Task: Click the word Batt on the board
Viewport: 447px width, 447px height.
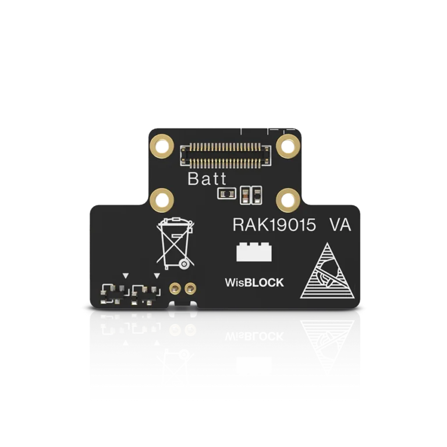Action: pyautogui.click(x=207, y=179)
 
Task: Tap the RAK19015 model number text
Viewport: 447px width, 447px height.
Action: pyautogui.click(x=274, y=225)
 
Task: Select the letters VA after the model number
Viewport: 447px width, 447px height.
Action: pyautogui.click(x=340, y=225)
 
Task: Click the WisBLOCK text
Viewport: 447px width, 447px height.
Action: pyautogui.click(x=254, y=282)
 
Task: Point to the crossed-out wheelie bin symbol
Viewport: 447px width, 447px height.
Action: pyautogui.click(x=175, y=243)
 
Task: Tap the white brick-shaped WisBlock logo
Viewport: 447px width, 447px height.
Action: pyautogui.click(x=254, y=251)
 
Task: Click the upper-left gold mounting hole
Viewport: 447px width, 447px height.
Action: pyautogui.click(x=162, y=146)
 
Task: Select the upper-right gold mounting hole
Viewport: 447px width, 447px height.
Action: pyautogui.click(x=288, y=146)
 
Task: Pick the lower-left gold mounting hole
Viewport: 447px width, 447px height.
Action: pyautogui.click(x=162, y=200)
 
